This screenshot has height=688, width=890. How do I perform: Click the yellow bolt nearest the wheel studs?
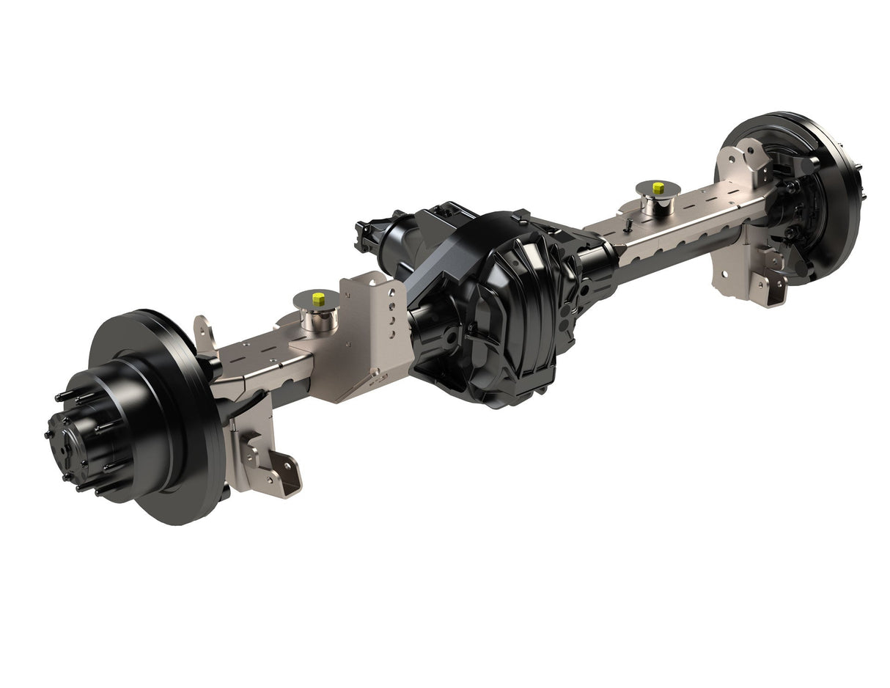point(318,299)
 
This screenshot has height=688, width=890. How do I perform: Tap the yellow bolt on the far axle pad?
point(658,186)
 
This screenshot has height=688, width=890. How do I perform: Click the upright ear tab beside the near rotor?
point(203,334)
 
